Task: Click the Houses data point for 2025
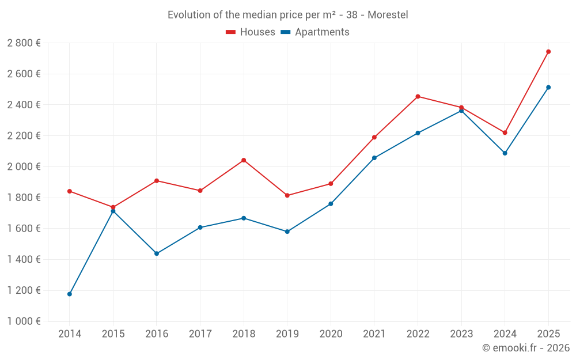(548, 52)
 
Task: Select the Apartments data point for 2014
(70, 294)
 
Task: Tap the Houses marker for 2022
(418, 97)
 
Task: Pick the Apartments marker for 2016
(157, 253)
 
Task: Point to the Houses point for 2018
(244, 160)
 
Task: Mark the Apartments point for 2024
(505, 153)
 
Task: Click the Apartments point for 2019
(287, 232)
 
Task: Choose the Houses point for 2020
(331, 184)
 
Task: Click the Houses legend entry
(251, 32)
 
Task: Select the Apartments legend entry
(315, 32)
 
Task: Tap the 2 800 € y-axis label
(24, 43)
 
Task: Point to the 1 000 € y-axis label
(24, 321)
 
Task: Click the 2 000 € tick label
(24, 166)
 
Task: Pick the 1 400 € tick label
(24, 260)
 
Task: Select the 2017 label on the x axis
(200, 334)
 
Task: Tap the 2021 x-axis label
(374, 334)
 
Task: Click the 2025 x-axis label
(548, 334)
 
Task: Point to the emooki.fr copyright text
(525, 348)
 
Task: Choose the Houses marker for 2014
(70, 191)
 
